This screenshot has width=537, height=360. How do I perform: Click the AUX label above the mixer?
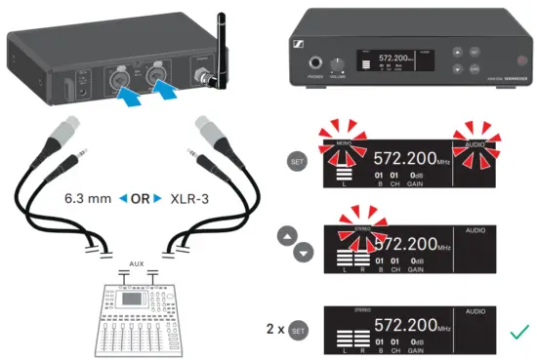pos(138,263)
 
